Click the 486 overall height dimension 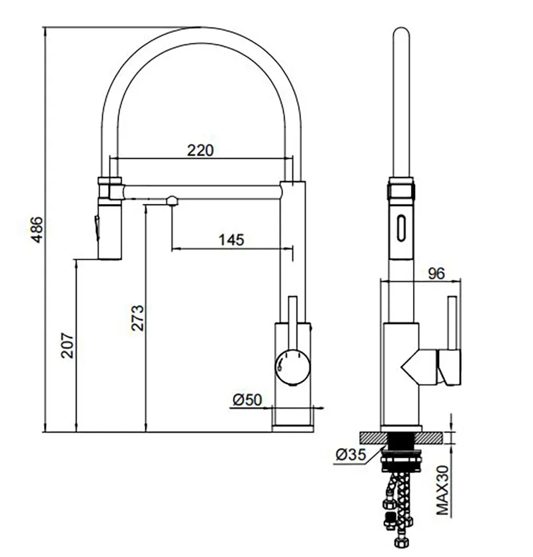(x=37, y=229)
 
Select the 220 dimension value (x=201, y=150)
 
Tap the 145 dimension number (x=231, y=239)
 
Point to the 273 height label (x=137, y=318)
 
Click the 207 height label (x=67, y=346)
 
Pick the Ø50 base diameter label (x=247, y=400)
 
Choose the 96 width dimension (x=436, y=273)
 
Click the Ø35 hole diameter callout (x=350, y=454)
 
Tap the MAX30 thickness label (x=442, y=490)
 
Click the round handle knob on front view (x=292, y=367)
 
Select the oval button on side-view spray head (x=401, y=228)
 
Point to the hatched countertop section (x=401, y=438)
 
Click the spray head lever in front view (x=96, y=228)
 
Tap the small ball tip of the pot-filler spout (x=173, y=201)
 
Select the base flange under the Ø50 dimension (x=292, y=428)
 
